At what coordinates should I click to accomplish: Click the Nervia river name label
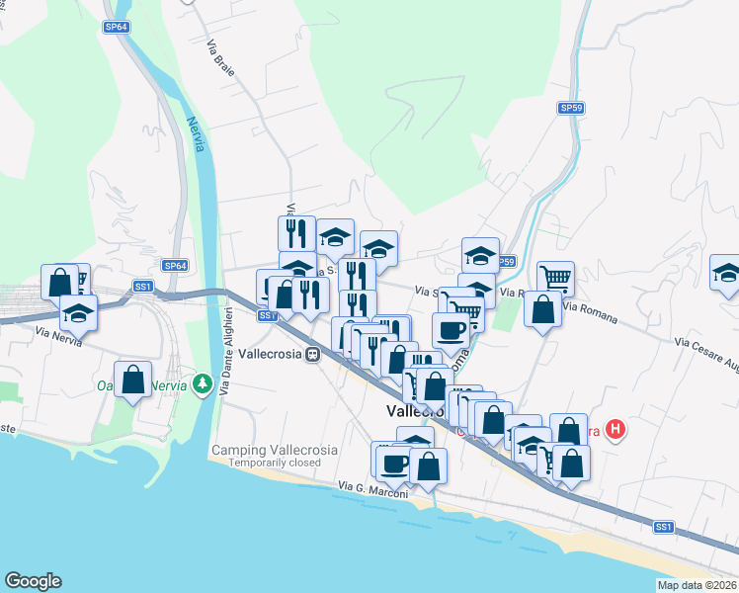point(197,134)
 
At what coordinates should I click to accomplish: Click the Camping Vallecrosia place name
point(274,450)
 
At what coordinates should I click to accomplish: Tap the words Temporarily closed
point(274,463)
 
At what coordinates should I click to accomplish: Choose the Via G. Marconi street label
point(372,486)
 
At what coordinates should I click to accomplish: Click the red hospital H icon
point(615,430)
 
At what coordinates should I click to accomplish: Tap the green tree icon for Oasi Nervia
point(203,381)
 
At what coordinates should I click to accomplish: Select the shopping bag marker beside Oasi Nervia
point(133,379)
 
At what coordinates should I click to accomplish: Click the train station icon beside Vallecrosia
point(313,354)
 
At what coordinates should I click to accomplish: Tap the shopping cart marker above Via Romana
point(555,278)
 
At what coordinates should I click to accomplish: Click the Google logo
point(33,581)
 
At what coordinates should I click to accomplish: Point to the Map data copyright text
point(697,585)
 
